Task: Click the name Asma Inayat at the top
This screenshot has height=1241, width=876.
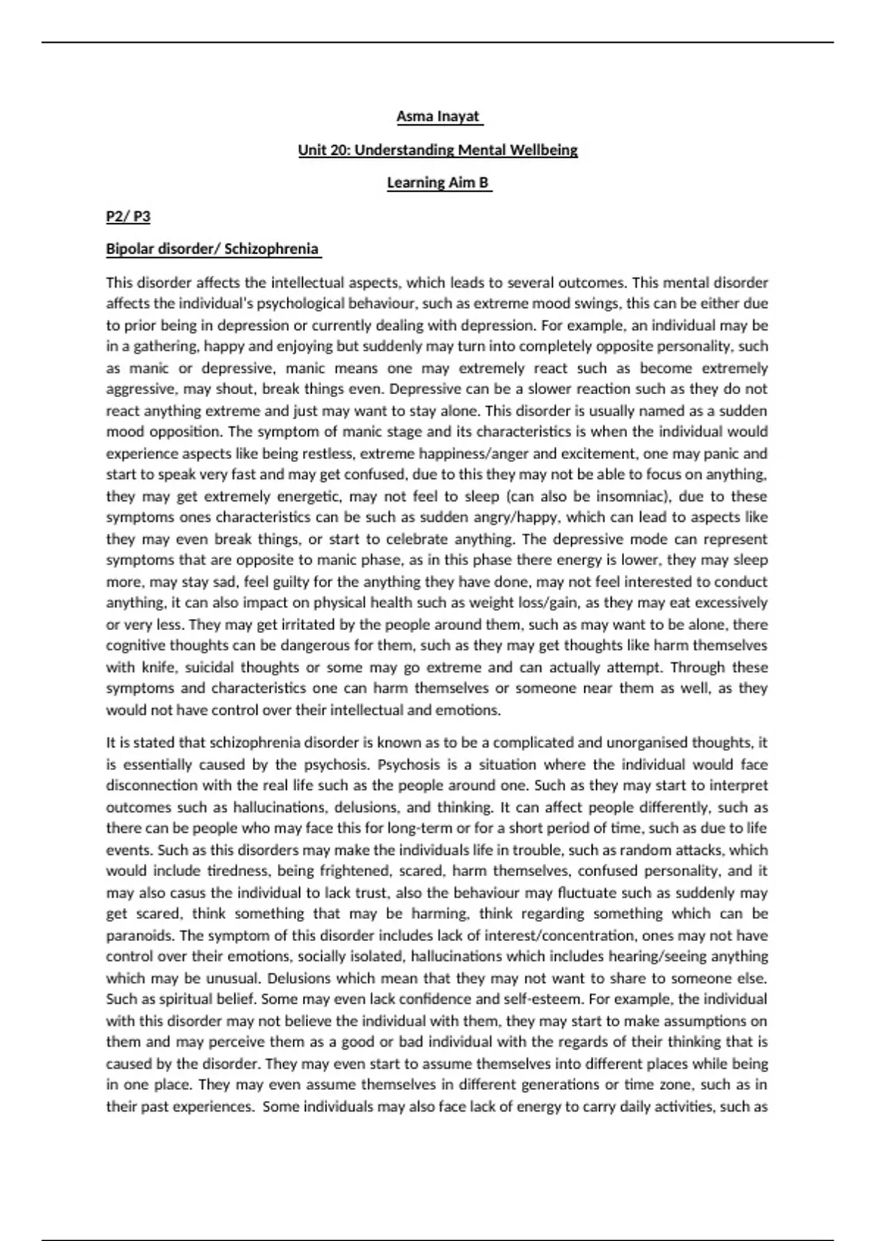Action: point(438,117)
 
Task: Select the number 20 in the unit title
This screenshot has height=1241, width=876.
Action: point(337,150)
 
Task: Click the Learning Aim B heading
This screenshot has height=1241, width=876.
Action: point(438,182)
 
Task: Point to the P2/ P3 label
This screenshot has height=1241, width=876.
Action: point(128,216)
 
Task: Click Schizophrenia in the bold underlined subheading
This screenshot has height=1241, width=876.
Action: point(272,249)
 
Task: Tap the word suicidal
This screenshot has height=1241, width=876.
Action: point(210,667)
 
